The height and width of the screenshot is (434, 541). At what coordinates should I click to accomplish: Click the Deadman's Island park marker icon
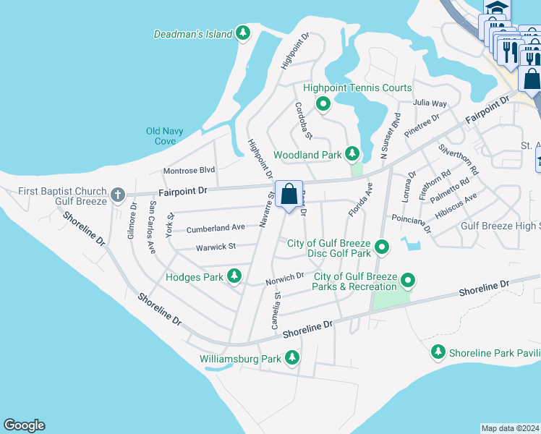[x=244, y=33]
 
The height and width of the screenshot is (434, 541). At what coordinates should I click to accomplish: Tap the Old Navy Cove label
[x=165, y=136]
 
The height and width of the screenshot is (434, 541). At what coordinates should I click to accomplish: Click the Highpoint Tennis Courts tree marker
[x=323, y=104]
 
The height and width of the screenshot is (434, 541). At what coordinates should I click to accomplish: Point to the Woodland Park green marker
[x=352, y=153]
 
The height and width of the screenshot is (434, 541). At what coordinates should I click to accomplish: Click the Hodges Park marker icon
[x=234, y=276]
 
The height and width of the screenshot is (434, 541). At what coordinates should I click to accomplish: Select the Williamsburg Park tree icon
[x=292, y=357]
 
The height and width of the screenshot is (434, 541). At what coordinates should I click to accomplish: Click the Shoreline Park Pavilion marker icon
[x=438, y=352]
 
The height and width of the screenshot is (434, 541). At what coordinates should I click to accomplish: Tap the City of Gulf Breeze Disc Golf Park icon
[x=382, y=248]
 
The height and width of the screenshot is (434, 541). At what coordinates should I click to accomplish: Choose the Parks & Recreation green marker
[x=409, y=280]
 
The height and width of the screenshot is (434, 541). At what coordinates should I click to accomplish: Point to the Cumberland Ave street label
[x=216, y=228]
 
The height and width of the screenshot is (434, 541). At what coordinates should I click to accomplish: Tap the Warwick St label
[x=216, y=247]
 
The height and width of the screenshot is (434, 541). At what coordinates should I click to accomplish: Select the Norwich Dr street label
[x=284, y=278]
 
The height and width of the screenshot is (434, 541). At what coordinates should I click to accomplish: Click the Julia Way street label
[x=430, y=103]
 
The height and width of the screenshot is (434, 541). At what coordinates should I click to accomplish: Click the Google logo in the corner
[x=24, y=425]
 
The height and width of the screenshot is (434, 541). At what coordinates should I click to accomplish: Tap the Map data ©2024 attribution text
[x=511, y=428]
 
